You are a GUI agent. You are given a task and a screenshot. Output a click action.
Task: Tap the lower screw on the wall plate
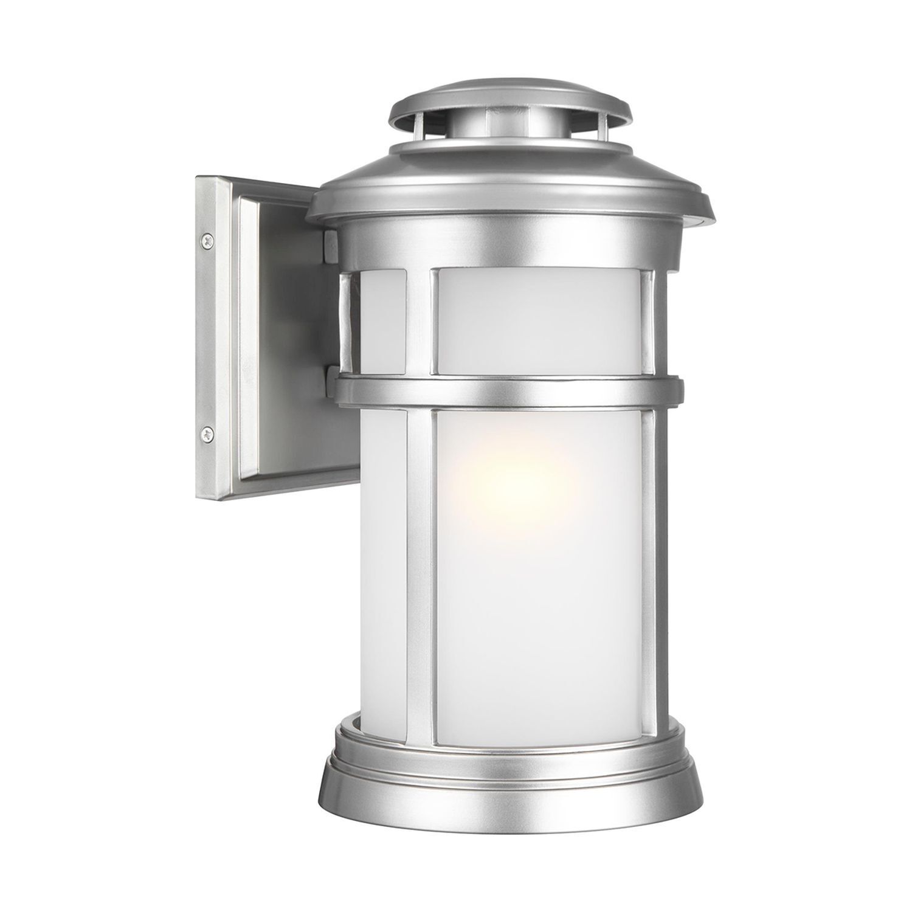point(209,433)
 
